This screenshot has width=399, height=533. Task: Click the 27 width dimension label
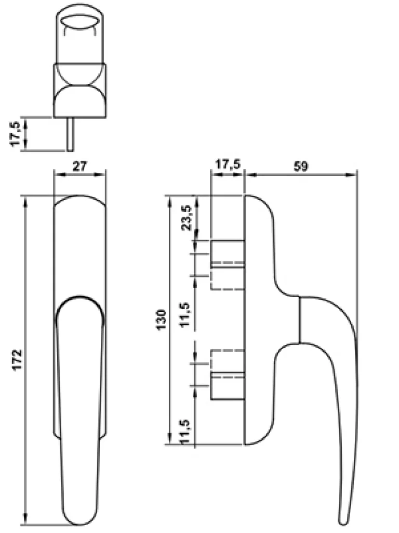(x=79, y=167)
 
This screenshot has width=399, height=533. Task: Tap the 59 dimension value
(x=301, y=166)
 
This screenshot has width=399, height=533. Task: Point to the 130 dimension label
(x=162, y=319)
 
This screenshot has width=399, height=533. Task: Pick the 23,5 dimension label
(x=187, y=218)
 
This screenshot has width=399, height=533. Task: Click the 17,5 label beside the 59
(x=228, y=164)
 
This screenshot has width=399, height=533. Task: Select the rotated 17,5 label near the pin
(x=16, y=134)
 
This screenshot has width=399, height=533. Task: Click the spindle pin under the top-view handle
(x=71, y=134)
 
